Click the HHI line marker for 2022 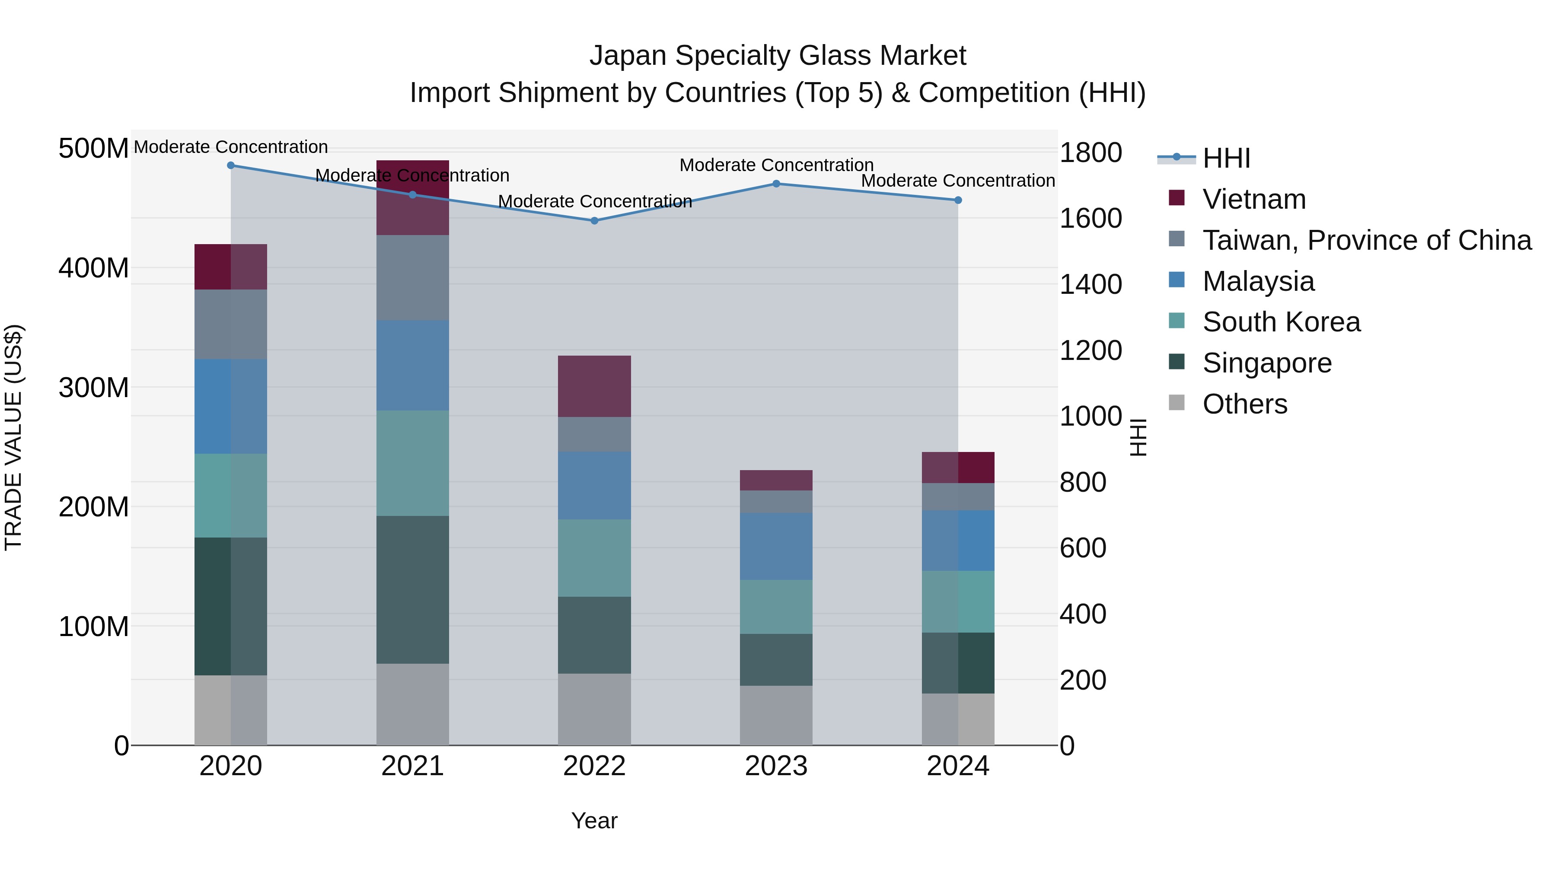(x=594, y=221)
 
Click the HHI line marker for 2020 (x=231, y=165)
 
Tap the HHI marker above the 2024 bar (x=958, y=200)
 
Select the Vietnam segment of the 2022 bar (x=594, y=386)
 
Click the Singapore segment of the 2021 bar (x=413, y=590)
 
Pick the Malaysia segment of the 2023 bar (x=776, y=547)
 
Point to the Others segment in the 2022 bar (x=594, y=710)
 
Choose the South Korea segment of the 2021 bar (x=413, y=463)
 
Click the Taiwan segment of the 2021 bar (x=413, y=278)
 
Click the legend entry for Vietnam (x=1253, y=199)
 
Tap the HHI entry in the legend (x=1226, y=158)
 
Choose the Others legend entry (x=1244, y=404)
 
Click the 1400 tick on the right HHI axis (x=1091, y=284)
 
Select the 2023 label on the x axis (x=776, y=766)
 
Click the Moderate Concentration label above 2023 (x=776, y=165)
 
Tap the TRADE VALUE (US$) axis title (x=13, y=437)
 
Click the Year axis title (x=594, y=821)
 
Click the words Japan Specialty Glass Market (x=778, y=56)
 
